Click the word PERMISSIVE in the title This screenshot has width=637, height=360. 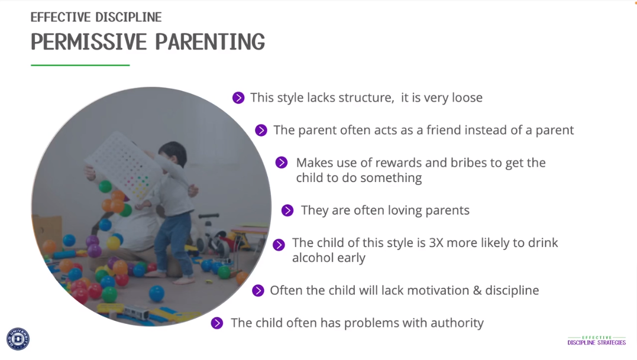tap(89, 42)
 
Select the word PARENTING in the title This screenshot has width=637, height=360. tap(210, 42)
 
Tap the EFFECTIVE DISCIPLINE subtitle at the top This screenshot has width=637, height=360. tap(96, 17)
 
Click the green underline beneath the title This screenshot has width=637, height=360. tap(80, 65)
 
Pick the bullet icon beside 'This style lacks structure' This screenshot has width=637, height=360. tap(238, 98)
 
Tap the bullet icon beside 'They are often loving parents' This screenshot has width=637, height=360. tap(287, 210)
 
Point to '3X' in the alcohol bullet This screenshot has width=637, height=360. tap(436, 243)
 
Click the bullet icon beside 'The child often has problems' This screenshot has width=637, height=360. tap(217, 323)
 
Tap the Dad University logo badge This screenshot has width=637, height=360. tap(18, 339)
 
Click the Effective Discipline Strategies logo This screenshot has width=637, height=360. tap(597, 340)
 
